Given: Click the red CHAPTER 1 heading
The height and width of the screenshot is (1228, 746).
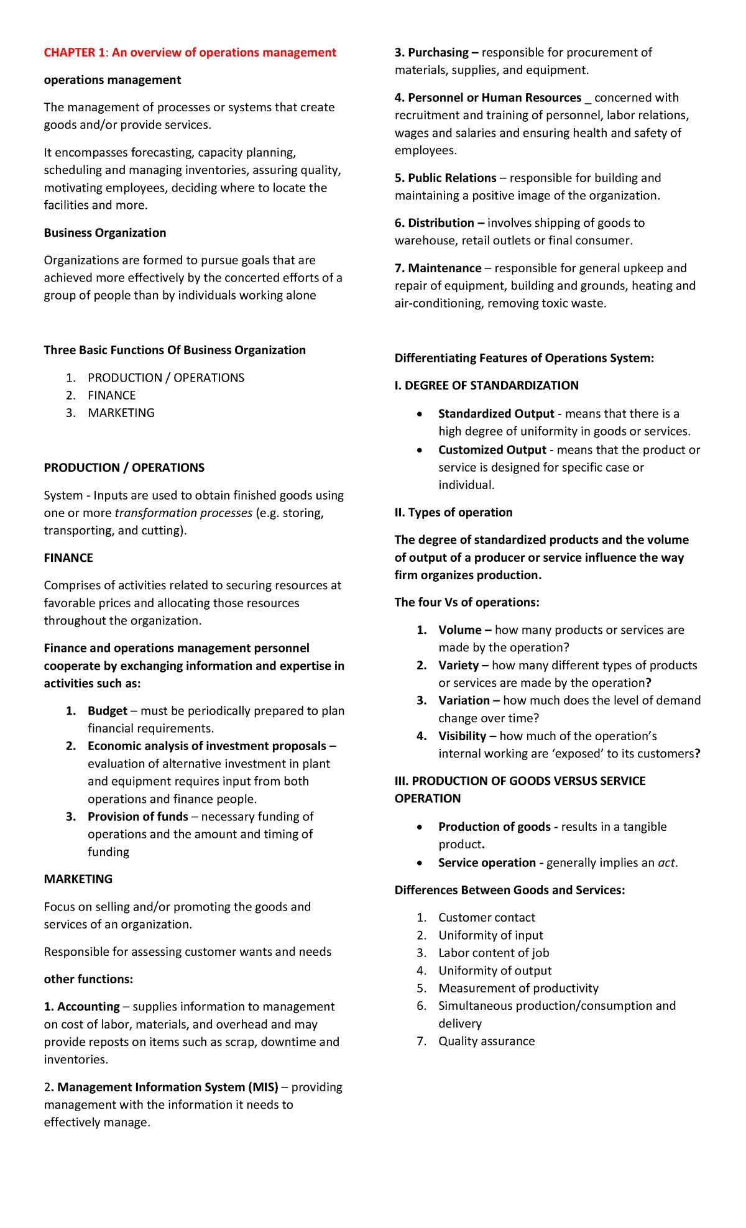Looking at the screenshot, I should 190,53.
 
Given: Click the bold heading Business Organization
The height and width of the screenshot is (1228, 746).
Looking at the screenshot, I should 105,233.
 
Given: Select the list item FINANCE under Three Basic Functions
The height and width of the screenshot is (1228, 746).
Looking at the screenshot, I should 111,395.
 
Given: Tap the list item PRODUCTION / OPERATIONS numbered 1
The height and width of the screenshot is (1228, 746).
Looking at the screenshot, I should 166,378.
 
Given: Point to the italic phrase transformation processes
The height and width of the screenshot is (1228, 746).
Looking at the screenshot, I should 183,513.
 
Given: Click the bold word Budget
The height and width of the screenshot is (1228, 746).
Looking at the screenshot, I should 107,711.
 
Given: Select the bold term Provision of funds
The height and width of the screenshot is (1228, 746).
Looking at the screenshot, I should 137,817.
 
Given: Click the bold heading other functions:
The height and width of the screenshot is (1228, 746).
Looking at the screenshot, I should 88,979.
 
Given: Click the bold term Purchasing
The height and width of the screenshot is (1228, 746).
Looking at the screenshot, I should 438,53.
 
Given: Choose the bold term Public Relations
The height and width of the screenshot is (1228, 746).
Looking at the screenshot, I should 452,178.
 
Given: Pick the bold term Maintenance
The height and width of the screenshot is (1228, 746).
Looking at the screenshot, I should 444,268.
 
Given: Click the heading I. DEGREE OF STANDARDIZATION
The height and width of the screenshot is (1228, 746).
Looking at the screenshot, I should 486,386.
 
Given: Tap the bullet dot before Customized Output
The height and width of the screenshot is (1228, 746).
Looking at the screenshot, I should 421,451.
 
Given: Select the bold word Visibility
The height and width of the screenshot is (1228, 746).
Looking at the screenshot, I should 462,736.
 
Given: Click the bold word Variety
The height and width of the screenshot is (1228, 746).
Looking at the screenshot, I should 458,666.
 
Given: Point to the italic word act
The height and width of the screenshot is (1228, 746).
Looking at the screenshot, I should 666,863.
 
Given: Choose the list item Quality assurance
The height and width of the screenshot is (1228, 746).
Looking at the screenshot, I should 486,1042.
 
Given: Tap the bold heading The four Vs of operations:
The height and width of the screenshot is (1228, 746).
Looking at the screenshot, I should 467,603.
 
